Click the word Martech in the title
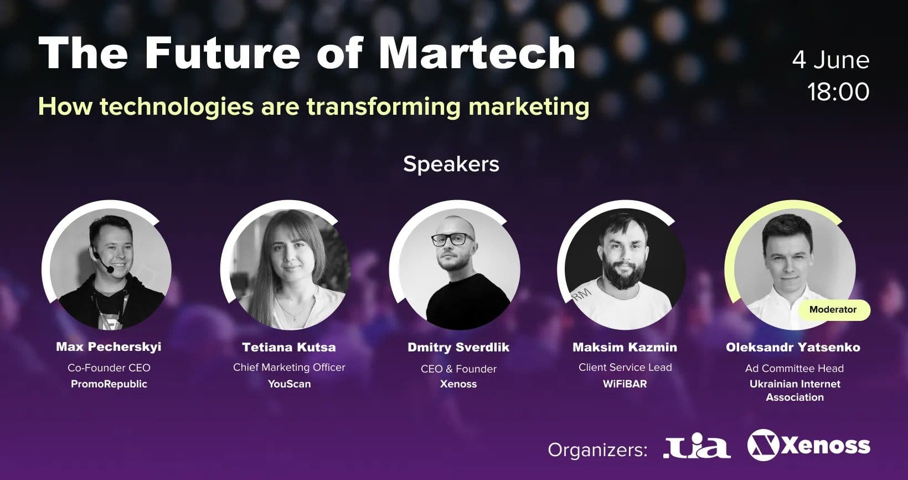click(x=477, y=53)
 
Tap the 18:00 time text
click(x=838, y=91)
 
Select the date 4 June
click(x=830, y=60)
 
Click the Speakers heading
click(x=451, y=165)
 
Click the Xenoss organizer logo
click(x=809, y=445)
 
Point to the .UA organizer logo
click(x=697, y=446)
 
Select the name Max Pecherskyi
click(x=109, y=347)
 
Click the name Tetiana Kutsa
click(x=289, y=348)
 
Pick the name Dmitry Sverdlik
click(x=458, y=348)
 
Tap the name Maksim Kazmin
click(x=625, y=348)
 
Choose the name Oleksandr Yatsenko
click(x=793, y=348)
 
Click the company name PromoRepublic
click(x=109, y=384)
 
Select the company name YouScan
click(x=290, y=384)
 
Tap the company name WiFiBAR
click(x=625, y=384)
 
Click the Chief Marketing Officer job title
click(x=289, y=367)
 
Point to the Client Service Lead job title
click(x=625, y=367)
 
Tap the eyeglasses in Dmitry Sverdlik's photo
click(x=452, y=239)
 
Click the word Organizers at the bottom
click(x=598, y=450)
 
